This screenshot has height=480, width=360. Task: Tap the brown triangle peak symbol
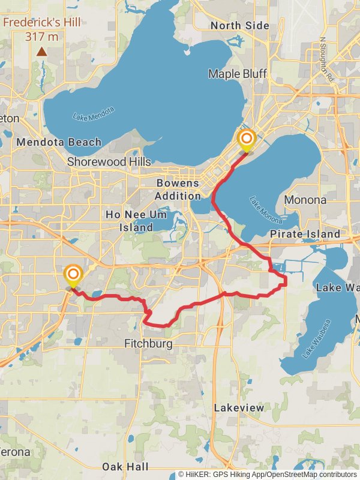click(41, 52)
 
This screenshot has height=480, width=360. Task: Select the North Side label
click(240, 26)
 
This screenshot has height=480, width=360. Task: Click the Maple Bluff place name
click(238, 74)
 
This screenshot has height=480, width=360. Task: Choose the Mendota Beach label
click(59, 143)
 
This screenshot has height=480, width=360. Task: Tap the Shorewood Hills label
click(105, 161)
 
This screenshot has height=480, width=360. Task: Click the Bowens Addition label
click(178, 190)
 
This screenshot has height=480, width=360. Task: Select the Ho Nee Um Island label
click(130, 221)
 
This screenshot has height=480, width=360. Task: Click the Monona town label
click(305, 200)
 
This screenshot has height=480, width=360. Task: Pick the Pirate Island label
click(305, 233)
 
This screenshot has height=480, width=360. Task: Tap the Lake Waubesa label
click(316, 340)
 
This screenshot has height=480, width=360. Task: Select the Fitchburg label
click(148, 344)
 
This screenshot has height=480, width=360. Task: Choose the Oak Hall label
click(125, 467)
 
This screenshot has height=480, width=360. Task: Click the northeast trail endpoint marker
click(246, 139)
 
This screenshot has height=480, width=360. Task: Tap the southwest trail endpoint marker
click(73, 275)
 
